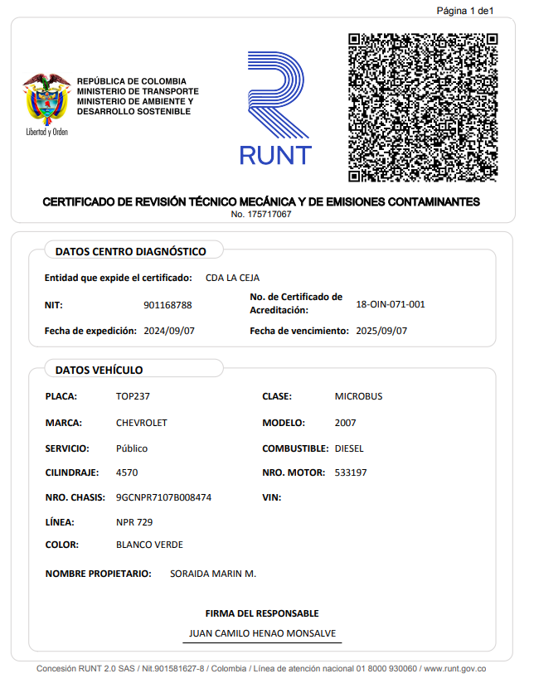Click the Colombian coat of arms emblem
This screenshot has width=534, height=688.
tap(46, 98)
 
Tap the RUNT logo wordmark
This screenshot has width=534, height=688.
tap(275, 154)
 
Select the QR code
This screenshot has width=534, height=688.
tap(423, 108)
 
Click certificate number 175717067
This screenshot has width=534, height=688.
tap(261, 215)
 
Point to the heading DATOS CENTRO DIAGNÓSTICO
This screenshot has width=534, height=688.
tap(130, 251)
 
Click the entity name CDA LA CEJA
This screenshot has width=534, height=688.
tap(232, 278)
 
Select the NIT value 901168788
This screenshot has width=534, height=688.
tap(167, 305)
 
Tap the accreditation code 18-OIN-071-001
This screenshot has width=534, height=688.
tap(390, 304)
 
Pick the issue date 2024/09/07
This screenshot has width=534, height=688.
tap(170, 331)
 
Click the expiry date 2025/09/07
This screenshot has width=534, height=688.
tap(381, 331)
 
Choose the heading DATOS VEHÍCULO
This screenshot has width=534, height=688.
tap(99, 370)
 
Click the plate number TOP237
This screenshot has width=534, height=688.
tap(133, 396)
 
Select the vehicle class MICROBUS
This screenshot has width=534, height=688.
tap(358, 396)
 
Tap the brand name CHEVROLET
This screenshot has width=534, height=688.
tap(142, 423)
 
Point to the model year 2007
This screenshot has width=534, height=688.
tap(346, 423)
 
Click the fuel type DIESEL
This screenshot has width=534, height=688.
tap(349, 448)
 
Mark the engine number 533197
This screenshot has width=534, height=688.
tap(351, 472)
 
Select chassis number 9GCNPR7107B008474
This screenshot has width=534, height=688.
tap(163, 498)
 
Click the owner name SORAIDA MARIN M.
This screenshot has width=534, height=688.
tap(213, 574)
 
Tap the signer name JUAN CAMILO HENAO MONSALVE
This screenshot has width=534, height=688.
tap(262, 632)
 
